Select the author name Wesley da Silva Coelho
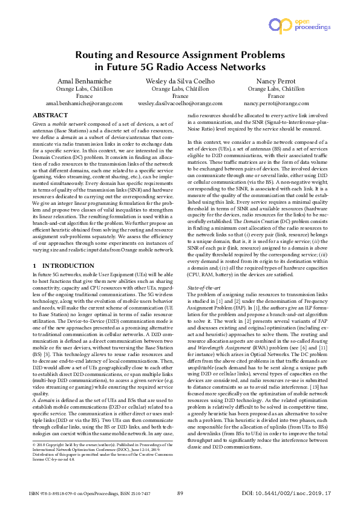click(x=180, y=81)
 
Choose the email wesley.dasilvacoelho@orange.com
click(x=180, y=103)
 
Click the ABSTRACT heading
click(x=50, y=115)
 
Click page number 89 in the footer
click(x=180, y=494)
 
